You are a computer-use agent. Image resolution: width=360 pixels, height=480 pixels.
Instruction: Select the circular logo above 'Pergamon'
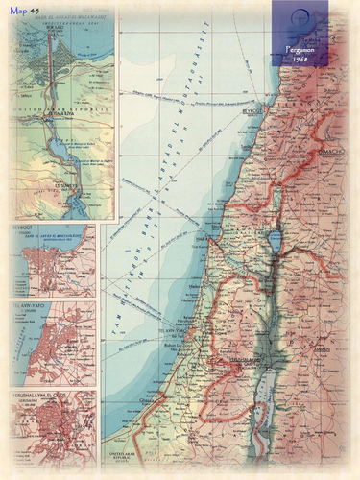pyautogui.click(x=300, y=24)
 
